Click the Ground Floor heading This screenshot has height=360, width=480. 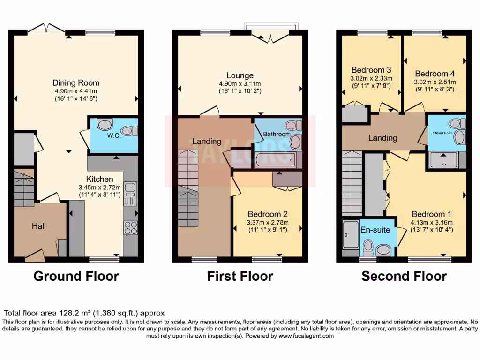click(x=76, y=276)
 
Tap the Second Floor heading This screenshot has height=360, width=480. click(x=404, y=276)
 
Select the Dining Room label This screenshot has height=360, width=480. click(x=76, y=83)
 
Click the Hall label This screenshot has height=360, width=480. click(x=39, y=226)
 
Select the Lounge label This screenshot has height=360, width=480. click(x=240, y=75)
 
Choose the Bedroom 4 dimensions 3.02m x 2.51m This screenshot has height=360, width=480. click(x=435, y=82)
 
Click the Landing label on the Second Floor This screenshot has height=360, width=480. click(x=382, y=138)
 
